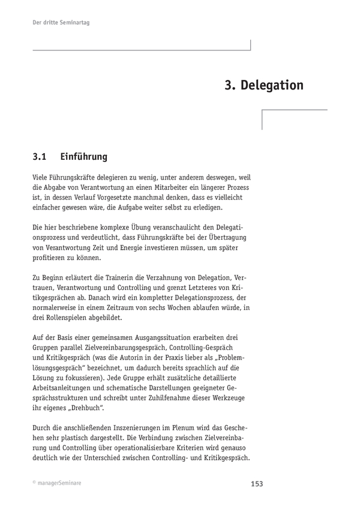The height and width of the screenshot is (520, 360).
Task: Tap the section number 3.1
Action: pos(40,158)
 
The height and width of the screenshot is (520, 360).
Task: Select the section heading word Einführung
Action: pos(84,158)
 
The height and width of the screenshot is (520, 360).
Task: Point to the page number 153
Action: pos(256,484)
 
